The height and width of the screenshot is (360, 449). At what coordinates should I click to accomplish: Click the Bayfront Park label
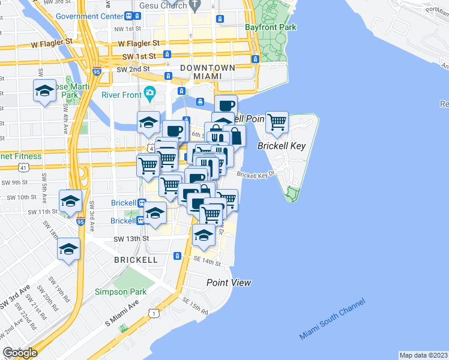pos(270,27)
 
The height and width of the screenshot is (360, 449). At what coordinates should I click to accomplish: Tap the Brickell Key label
pos(282,146)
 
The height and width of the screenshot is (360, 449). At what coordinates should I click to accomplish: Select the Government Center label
pos(89,16)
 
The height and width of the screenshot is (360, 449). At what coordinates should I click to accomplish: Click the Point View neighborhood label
pos(229,283)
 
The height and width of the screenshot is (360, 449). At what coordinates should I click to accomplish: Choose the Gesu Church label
pos(160,5)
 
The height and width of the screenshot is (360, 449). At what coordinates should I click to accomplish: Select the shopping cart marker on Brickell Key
pos(277,122)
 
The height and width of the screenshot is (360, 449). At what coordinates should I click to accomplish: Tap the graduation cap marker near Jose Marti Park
pos(44,91)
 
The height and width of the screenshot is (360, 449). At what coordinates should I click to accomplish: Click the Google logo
pos(20,353)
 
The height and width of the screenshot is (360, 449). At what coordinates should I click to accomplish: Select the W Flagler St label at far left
pos(48,42)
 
